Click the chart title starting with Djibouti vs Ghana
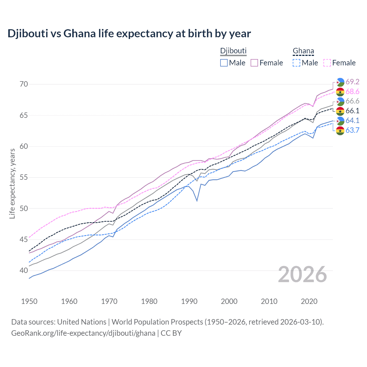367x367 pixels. pyautogui.click(x=129, y=34)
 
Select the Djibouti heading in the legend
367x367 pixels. pyautogui.click(x=233, y=51)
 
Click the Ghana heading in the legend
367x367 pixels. pyautogui.click(x=303, y=51)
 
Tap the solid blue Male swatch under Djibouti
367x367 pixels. pyautogui.click(x=224, y=63)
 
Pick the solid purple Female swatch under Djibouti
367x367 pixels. pyautogui.click(x=254, y=63)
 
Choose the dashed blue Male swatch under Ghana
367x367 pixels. pyautogui.click(x=296, y=63)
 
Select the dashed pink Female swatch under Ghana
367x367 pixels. pyautogui.click(x=327, y=63)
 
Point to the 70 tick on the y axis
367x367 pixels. pyautogui.click(x=24, y=84)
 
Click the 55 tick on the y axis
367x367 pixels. pyautogui.click(x=24, y=177)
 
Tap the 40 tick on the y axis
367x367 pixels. pyautogui.click(x=24, y=270)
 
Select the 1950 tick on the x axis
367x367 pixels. pyautogui.click(x=29, y=301)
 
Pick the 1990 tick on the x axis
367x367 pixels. pyautogui.click(x=189, y=301)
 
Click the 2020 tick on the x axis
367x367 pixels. pyautogui.click(x=309, y=301)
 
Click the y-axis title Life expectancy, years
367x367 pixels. pyautogui.click(x=12, y=183)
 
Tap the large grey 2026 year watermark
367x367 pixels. pyautogui.click(x=302, y=274)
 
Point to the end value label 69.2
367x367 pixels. pyautogui.click(x=352, y=82)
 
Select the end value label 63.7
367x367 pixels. pyautogui.click(x=352, y=130)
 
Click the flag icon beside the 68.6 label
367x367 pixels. pyautogui.click(x=340, y=92)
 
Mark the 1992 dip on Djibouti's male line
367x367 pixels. pyautogui.click(x=197, y=201)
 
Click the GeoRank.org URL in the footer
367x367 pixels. pyautogui.click(x=83, y=333)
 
